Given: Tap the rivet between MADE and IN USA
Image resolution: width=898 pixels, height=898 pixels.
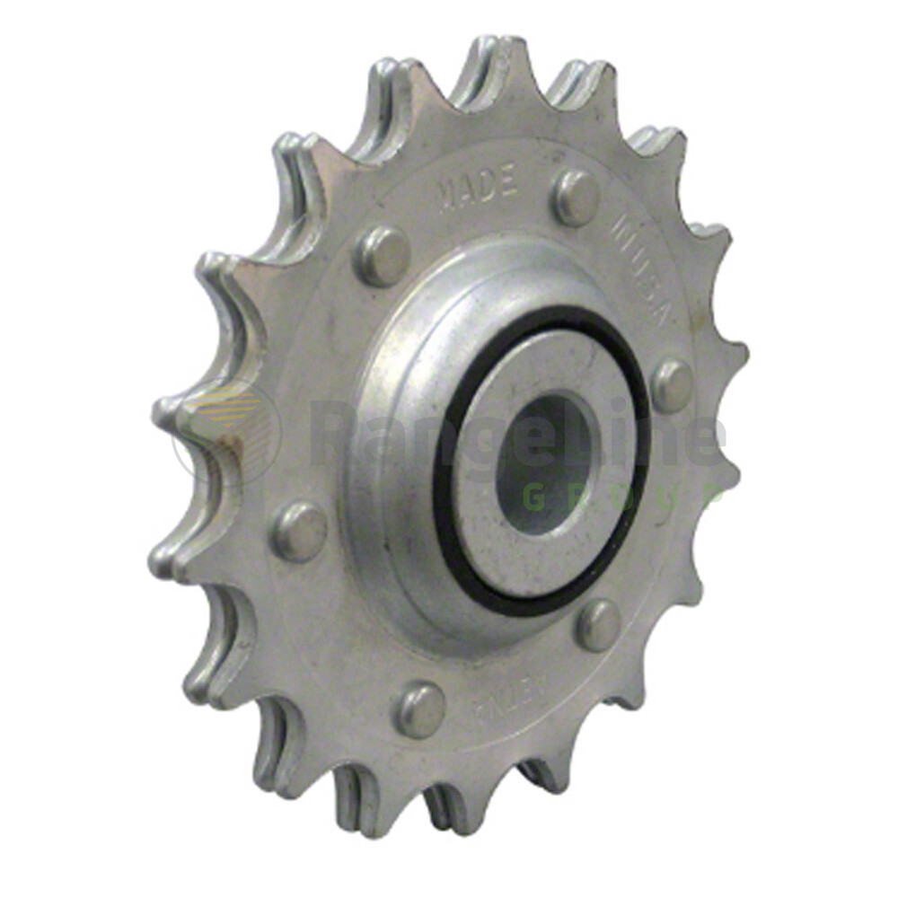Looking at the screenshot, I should point(576,198).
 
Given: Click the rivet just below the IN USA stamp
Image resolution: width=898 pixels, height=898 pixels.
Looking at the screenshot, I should point(673,386).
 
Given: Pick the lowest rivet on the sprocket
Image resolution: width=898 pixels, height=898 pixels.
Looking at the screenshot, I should point(420,709).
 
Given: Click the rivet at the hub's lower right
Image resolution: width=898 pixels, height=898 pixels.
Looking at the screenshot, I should point(598,624).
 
